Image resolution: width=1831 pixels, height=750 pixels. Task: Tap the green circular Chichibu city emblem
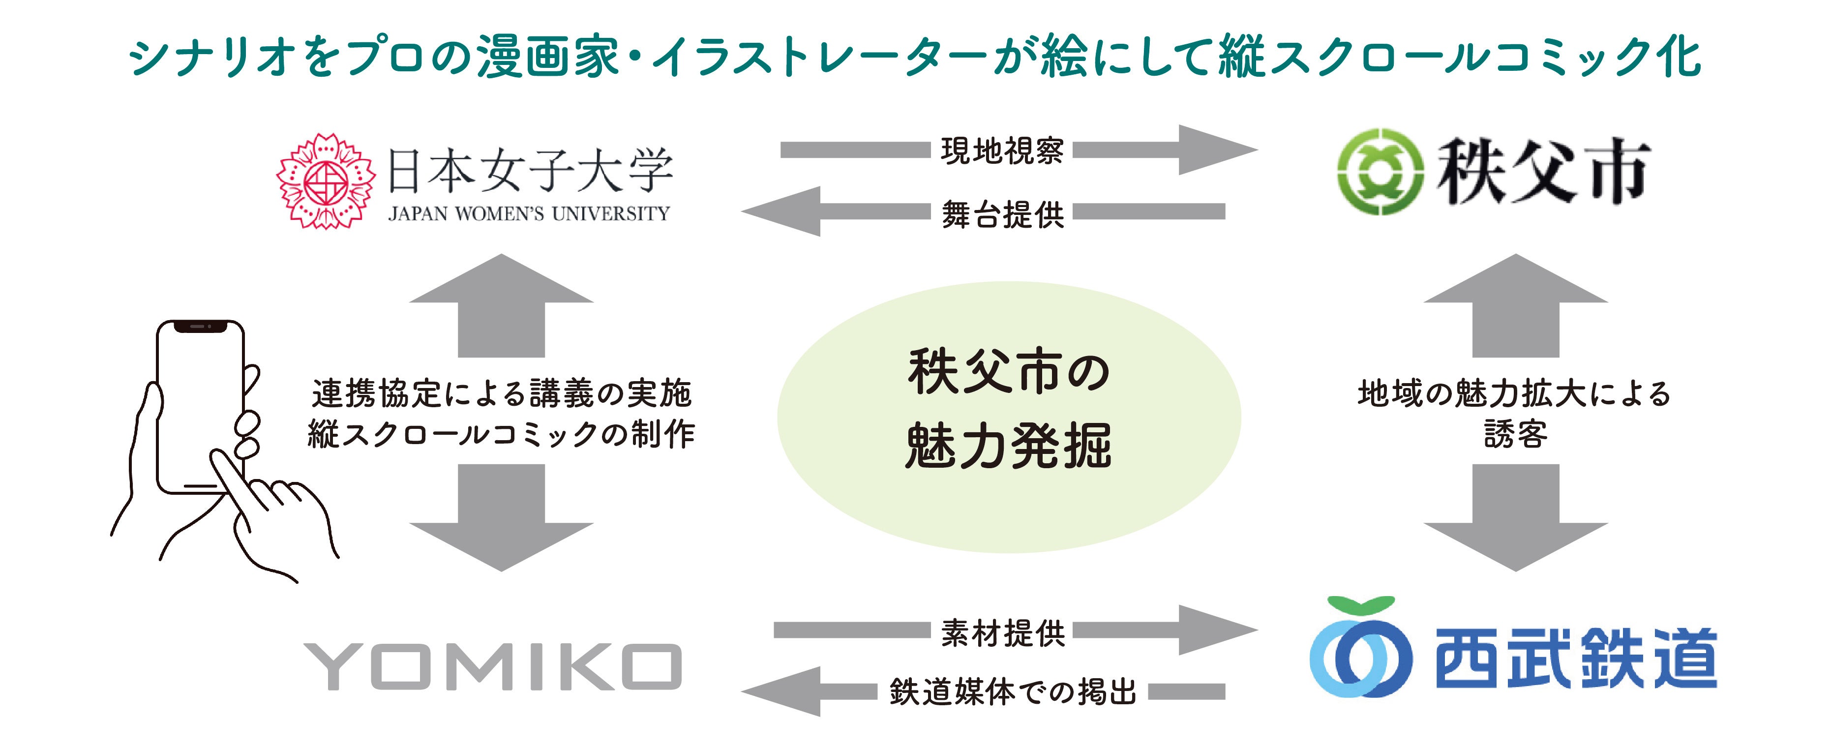(x=1380, y=171)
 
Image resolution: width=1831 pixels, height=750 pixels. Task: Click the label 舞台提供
(x=1002, y=214)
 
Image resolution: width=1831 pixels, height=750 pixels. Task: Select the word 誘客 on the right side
(x=1515, y=434)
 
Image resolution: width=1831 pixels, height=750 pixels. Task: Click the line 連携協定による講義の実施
(x=501, y=393)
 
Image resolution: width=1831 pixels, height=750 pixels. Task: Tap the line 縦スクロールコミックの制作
(x=501, y=434)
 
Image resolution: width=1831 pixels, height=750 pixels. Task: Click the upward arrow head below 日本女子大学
(x=501, y=281)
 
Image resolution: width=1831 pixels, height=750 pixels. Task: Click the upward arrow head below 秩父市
(x=1515, y=281)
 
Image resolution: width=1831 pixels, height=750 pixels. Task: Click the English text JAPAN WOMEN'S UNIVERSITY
(x=529, y=214)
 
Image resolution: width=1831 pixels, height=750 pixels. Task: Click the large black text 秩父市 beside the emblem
(x=1542, y=171)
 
